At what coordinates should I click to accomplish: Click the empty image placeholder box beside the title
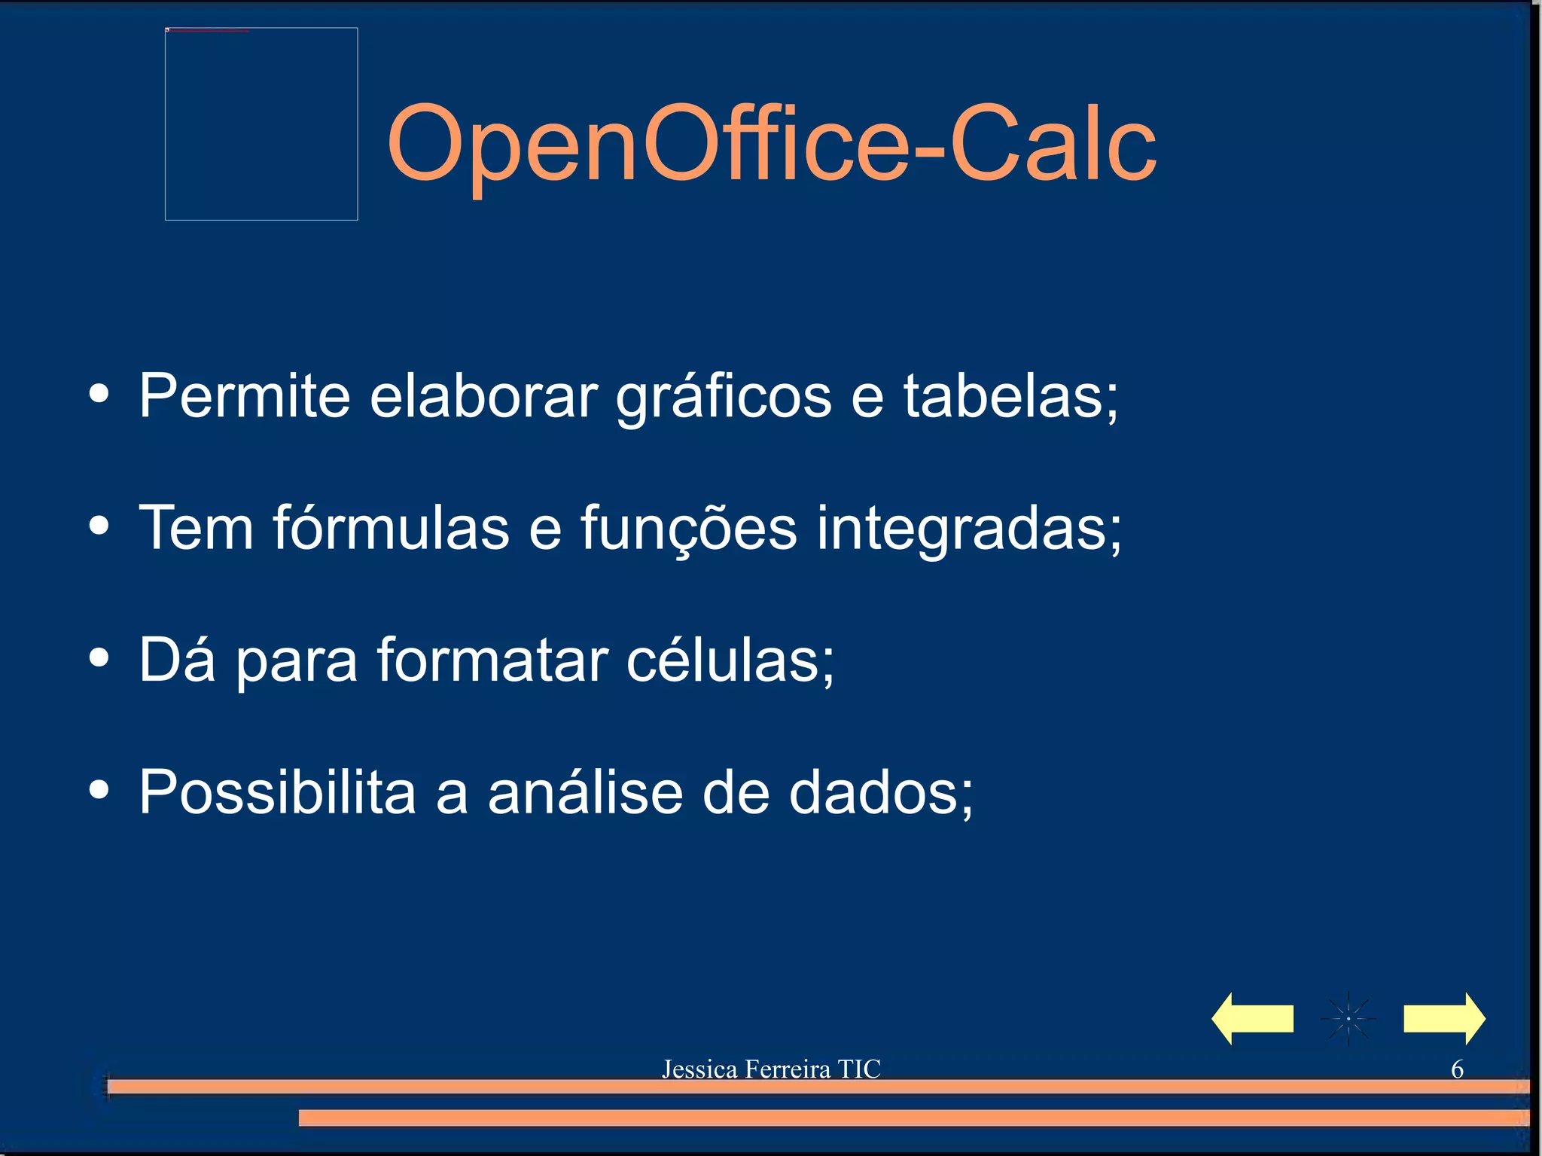coord(261,124)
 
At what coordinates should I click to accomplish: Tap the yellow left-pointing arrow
coord(1252,1018)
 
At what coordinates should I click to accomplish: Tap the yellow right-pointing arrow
coord(1444,1018)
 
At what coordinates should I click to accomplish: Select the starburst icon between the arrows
coord(1348,1018)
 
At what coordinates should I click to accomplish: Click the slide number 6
coord(1457,1069)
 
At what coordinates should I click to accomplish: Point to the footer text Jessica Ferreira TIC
coord(771,1069)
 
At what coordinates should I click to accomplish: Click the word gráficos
coord(724,397)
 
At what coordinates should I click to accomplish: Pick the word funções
coord(688,529)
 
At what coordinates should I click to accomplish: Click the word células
coord(729,660)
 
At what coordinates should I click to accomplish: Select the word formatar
coord(492,660)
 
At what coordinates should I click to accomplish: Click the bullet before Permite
coord(99,394)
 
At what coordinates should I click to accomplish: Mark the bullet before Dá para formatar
coord(99,657)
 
